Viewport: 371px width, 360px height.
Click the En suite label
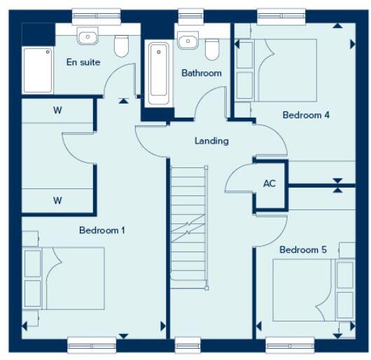tap(83, 62)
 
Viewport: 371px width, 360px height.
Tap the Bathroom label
tap(202, 73)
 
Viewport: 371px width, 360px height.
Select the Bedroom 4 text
tap(306, 115)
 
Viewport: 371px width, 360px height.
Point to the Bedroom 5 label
tap(303, 249)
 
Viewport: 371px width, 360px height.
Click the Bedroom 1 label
tap(101, 230)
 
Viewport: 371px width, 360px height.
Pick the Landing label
tap(211, 141)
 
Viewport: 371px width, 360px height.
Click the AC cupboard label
tap(269, 184)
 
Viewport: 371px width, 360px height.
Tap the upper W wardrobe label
tap(57, 110)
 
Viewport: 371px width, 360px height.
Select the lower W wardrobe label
tap(57, 200)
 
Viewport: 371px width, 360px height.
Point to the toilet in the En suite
tap(122, 46)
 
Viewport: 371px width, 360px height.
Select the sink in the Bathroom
tap(187, 40)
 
